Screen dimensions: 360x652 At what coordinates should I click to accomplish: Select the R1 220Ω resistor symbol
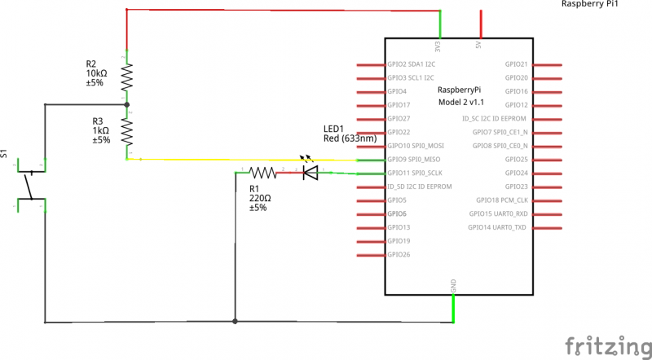(x=262, y=173)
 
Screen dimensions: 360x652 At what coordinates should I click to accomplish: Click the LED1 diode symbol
(x=310, y=172)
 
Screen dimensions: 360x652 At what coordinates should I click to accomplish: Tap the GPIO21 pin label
(x=516, y=64)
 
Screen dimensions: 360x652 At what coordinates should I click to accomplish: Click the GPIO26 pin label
(x=399, y=255)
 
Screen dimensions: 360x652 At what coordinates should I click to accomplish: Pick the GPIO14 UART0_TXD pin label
(x=498, y=227)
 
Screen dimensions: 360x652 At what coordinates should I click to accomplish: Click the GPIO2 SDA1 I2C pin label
(x=412, y=64)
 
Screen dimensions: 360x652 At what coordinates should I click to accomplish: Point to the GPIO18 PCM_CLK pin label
(x=502, y=200)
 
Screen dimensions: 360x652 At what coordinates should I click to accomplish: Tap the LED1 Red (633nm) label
(x=348, y=134)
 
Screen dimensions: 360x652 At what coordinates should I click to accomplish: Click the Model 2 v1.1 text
(x=460, y=102)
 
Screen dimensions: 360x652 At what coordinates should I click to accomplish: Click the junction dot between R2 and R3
(x=126, y=104)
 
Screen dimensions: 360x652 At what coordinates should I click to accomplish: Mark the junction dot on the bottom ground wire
(x=235, y=322)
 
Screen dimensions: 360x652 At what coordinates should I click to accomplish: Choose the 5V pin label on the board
(x=478, y=46)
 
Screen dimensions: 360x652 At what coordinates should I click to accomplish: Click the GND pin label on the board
(x=453, y=286)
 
